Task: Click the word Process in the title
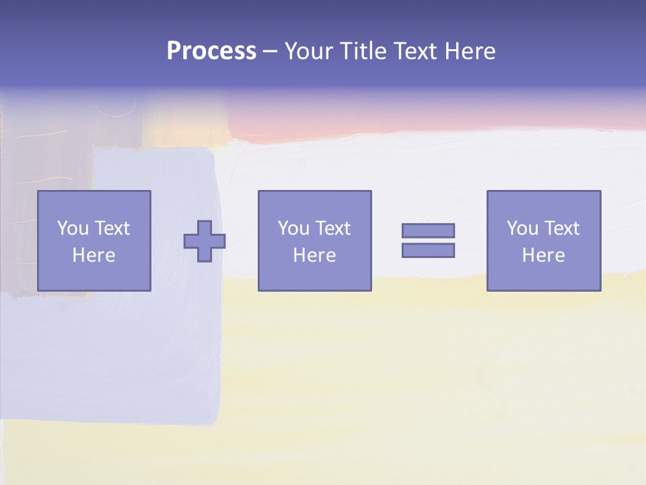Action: click(211, 51)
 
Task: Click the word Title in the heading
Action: click(359, 51)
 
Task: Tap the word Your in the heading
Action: click(307, 51)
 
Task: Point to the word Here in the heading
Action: click(470, 51)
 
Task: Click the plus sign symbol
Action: click(205, 241)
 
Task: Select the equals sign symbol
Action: click(428, 240)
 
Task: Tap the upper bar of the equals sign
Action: click(428, 230)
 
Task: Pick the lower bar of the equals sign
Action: click(428, 250)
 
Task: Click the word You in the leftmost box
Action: click(73, 228)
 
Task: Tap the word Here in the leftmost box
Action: click(94, 255)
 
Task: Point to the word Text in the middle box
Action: click(332, 228)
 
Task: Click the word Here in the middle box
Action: click(314, 255)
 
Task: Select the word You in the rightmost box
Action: click(522, 228)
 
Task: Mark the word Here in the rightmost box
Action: click(544, 255)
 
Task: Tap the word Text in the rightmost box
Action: click(561, 228)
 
